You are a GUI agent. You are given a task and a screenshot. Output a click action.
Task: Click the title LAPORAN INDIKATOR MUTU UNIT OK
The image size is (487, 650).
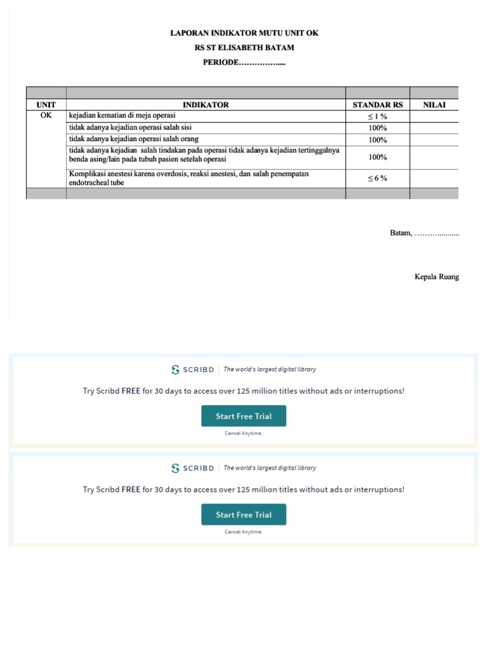(244, 32)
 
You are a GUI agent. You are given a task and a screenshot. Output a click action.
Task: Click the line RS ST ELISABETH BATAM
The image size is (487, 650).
(244, 48)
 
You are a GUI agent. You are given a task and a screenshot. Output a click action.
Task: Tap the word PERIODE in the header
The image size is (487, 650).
(220, 62)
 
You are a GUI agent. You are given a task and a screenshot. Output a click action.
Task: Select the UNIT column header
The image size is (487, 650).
(46, 105)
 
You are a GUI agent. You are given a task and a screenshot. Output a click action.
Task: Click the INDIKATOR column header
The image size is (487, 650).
(205, 105)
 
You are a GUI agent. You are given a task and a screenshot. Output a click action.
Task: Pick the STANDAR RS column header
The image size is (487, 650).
(377, 105)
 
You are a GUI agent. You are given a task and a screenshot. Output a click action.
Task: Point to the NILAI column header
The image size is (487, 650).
(434, 105)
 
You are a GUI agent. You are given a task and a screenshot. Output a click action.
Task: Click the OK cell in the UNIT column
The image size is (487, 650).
(46, 116)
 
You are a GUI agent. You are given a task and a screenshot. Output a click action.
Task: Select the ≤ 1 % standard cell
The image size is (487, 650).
(377, 117)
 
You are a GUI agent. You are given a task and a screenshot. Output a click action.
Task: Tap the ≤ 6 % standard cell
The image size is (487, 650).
(377, 178)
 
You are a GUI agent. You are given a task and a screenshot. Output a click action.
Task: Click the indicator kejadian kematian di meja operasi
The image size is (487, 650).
(122, 116)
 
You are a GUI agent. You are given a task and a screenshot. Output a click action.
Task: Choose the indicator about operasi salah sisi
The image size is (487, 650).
(130, 128)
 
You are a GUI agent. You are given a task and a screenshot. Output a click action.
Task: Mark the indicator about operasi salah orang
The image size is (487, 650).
(134, 139)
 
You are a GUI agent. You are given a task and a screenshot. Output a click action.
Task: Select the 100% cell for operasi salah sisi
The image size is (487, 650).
(377, 128)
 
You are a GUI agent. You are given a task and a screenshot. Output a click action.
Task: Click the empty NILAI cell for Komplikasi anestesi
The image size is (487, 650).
(434, 178)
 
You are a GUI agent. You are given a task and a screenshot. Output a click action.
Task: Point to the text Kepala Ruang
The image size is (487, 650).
(436, 277)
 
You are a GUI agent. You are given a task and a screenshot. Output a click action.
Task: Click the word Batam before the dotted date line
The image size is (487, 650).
(400, 233)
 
